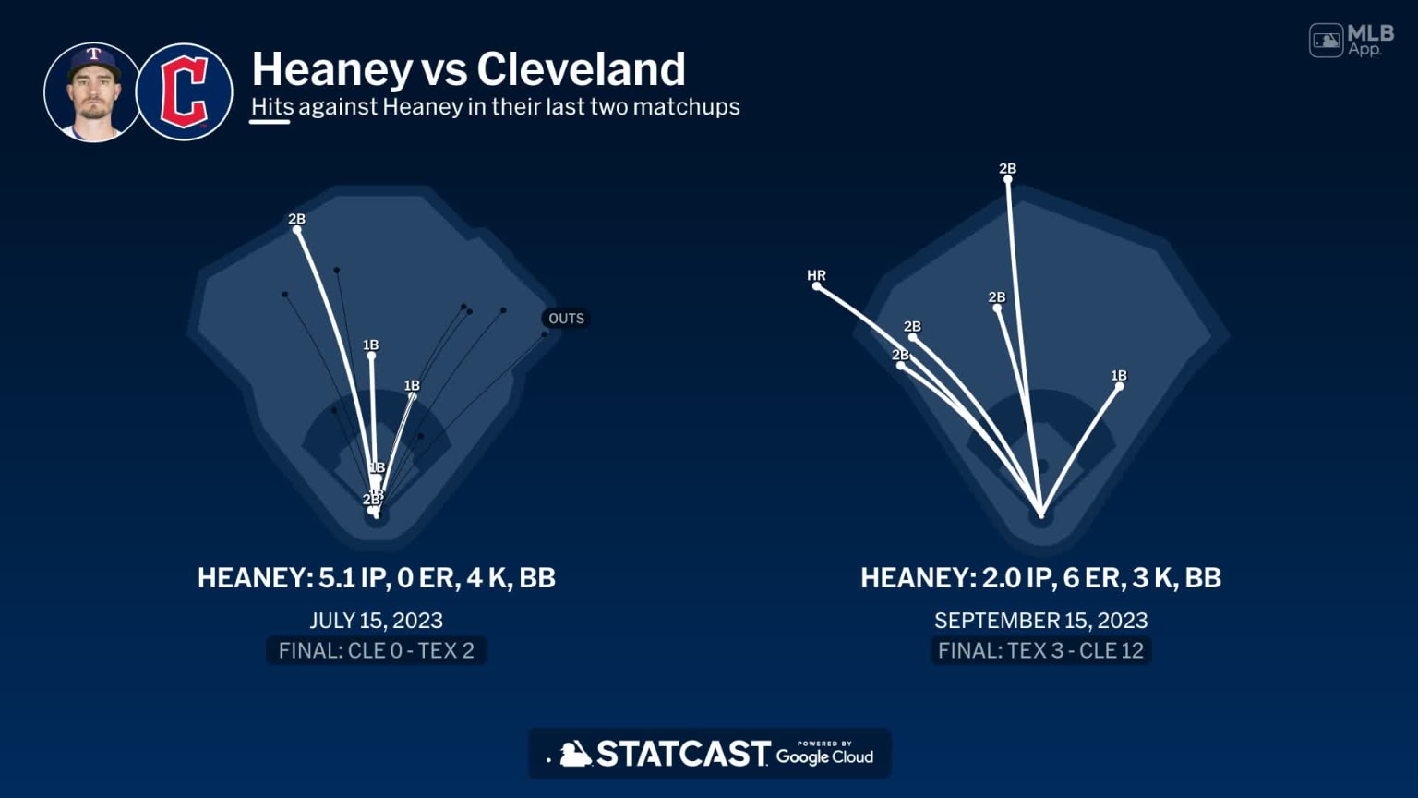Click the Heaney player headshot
click(x=91, y=92)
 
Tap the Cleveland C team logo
click(x=185, y=92)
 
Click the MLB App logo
click(x=1351, y=41)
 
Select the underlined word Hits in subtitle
click(x=271, y=107)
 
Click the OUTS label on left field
click(x=566, y=319)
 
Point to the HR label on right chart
click(x=816, y=275)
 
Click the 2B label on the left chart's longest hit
click(x=296, y=219)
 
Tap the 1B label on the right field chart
click(x=1119, y=375)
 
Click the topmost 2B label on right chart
click(x=1007, y=168)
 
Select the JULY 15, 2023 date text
click(x=376, y=621)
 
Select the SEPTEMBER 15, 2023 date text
click(x=1040, y=621)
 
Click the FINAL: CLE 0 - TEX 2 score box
click(x=376, y=650)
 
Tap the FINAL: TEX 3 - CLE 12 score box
click(x=1040, y=650)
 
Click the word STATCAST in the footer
click(x=682, y=754)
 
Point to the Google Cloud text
click(x=824, y=756)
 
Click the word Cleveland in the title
click(x=581, y=69)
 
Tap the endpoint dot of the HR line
click(x=817, y=287)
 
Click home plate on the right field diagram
click(x=1041, y=514)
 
